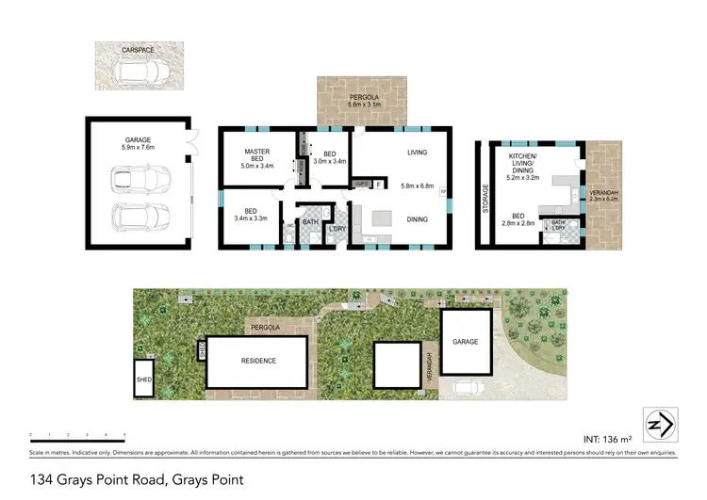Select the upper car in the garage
[x=135, y=179]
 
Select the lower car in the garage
[x=135, y=216]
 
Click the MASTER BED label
[x=257, y=157]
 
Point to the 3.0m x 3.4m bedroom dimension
[x=330, y=162]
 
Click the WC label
[x=289, y=226]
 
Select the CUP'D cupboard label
[x=360, y=185]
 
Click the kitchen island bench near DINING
[x=382, y=218]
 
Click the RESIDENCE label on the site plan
[x=257, y=361]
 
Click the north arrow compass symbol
[x=657, y=424]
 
